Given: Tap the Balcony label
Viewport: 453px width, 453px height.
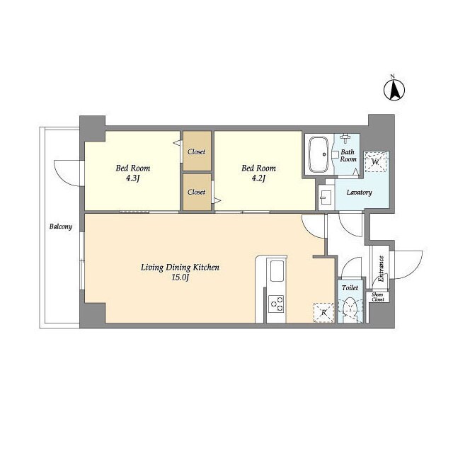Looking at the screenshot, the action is pyautogui.click(x=61, y=226).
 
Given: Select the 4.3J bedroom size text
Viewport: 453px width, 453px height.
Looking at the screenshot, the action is pyautogui.click(x=133, y=178).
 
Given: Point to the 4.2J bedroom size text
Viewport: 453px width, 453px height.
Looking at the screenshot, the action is pyautogui.click(x=258, y=178).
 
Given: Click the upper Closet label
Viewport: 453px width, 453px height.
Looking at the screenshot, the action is pyautogui.click(x=197, y=151).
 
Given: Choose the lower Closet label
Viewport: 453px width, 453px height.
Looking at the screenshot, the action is pyautogui.click(x=197, y=192).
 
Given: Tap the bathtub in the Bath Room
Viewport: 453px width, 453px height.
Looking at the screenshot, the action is pyautogui.click(x=319, y=154).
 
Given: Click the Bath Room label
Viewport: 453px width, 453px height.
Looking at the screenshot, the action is pyautogui.click(x=348, y=156).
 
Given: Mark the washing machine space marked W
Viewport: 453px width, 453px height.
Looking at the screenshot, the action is pyautogui.click(x=375, y=162).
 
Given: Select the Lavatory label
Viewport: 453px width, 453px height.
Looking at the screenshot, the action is pyautogui.click(x=359, y=193).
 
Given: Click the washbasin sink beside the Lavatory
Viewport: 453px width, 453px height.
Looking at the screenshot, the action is pyautogui.click(x=326, y=197).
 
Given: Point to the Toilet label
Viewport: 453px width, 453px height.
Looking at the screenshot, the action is pyautogui.click(x=350, y=288).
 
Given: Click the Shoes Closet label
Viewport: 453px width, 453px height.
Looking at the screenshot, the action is pyautogui.click(x=377, y=297).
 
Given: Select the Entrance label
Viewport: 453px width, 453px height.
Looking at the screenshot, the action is pyautogui.click(x=381, y=269).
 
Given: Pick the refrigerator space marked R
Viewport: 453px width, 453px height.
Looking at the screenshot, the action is pyautogui.click(x=324, y=313).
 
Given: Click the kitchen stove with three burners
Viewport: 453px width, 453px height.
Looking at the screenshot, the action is pyautogui.click(x=277, y=304).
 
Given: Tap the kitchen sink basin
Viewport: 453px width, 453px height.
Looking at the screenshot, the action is pyautogui.click(x=277, y=270).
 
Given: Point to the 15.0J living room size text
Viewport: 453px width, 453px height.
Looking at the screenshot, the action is pyautogui.click(x=180, y=278).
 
